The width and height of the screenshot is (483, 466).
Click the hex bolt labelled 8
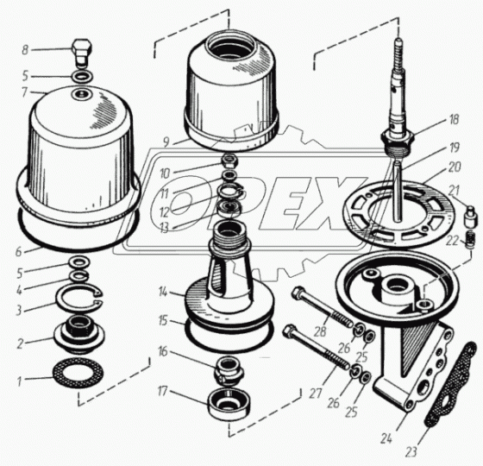coord(82,53)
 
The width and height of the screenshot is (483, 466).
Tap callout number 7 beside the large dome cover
coord(25,92)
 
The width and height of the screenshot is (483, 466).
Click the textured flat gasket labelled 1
coord(78,373)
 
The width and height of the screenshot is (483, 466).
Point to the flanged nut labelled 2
coord(79,335)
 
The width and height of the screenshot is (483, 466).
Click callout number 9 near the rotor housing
coord(166,142)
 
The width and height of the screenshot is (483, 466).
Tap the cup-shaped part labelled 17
coord(229,404)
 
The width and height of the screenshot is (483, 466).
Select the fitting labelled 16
coord(229,370)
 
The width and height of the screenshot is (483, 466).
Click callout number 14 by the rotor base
coord(163,292)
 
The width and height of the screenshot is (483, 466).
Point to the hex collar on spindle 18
coord(398,139)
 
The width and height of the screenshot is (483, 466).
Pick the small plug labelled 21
coord(469,217)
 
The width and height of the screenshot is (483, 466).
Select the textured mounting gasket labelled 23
coord(450,384)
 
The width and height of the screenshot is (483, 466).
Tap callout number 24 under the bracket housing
coord(386,438)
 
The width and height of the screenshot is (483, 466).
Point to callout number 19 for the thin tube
coord(455,148)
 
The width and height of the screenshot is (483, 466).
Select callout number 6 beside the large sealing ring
coord(19,252)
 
